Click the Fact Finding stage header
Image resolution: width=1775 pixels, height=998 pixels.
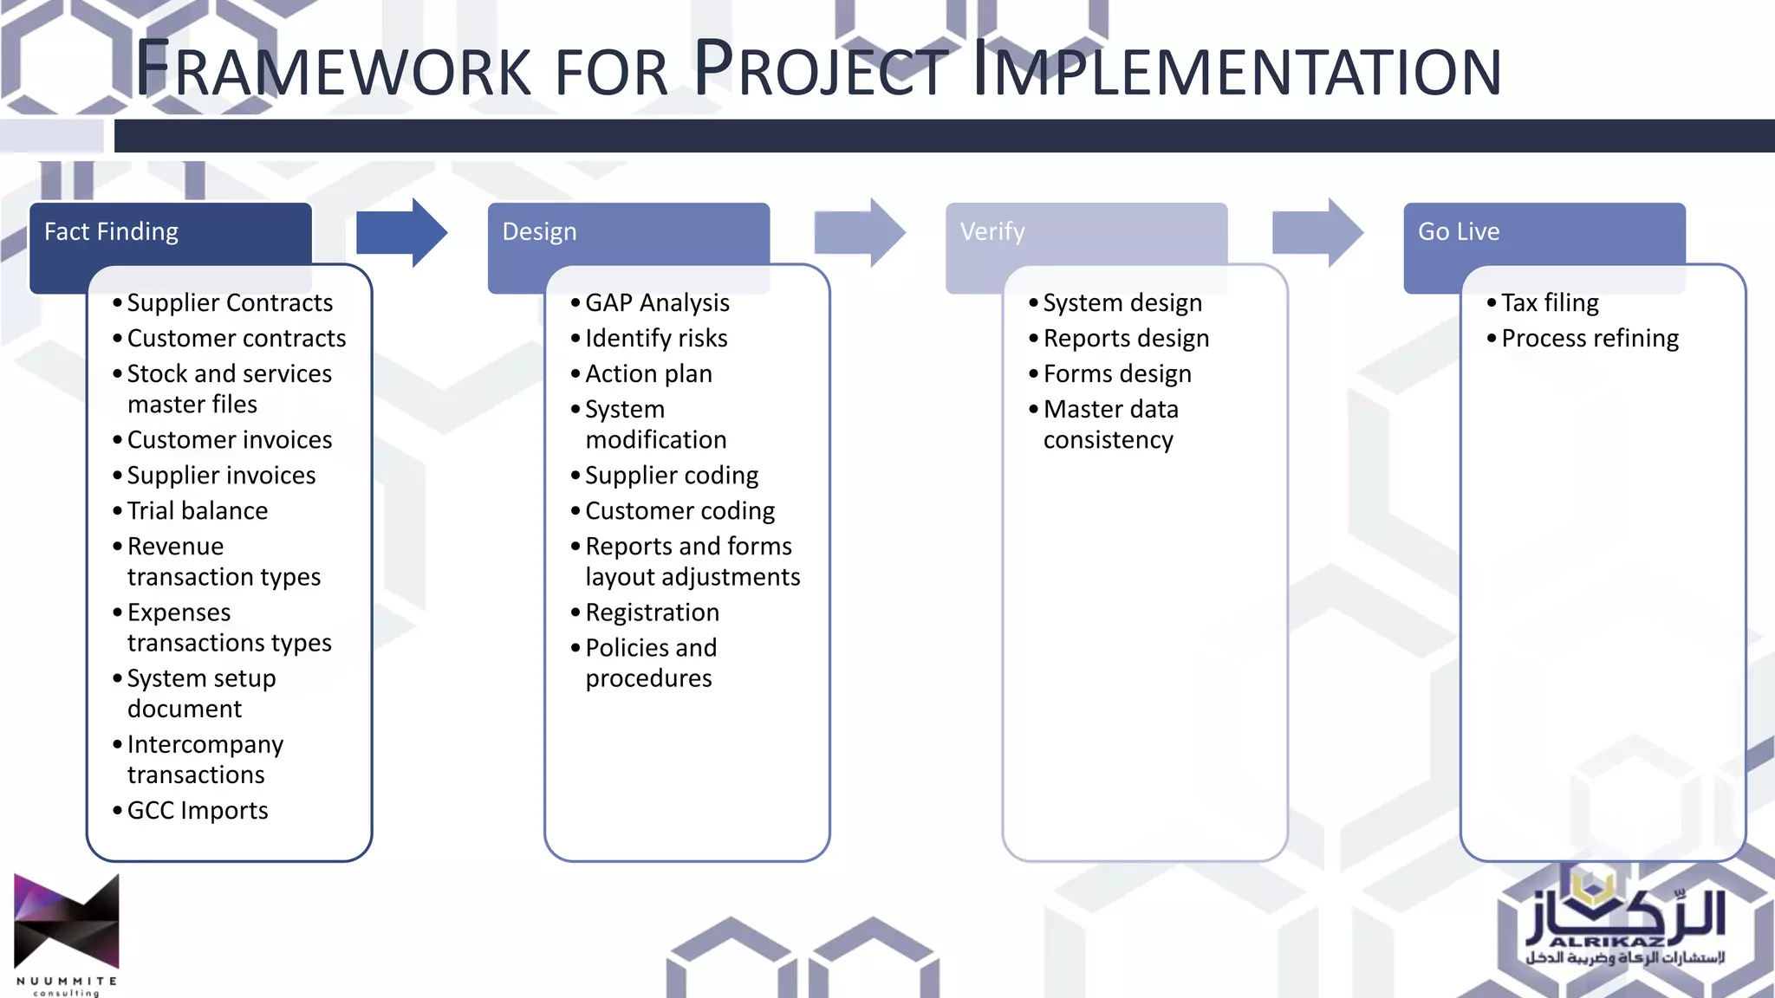(x=111, y=232)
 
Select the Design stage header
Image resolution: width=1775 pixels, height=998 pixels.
(x=539, y=232)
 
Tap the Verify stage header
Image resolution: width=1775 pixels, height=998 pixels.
(x=992, y=232)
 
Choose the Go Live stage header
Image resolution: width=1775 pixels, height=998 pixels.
(x=1459, y=232)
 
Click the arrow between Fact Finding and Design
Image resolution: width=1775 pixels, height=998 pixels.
(x=401, y=232)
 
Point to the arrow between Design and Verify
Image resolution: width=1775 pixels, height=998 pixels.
(x=859, y=232)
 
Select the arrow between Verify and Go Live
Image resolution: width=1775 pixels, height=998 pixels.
(x=1317, y=232)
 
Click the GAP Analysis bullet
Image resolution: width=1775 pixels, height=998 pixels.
(x=657, y=303)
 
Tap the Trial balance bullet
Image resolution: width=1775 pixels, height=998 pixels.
(x=197, y=511)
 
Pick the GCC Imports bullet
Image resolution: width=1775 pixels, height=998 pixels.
(x=197, y=811)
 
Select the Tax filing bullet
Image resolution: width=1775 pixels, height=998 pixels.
(x=1550, y=303)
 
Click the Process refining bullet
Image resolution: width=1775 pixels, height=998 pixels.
(x=1590, y=339)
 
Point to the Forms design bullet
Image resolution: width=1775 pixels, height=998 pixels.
(x=1117, y=374)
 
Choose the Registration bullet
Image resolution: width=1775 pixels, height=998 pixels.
(x=652, y=612)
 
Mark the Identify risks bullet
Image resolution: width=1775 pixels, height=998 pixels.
(x=656, y=339)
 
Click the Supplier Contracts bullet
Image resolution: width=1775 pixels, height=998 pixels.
(x=230, y=303)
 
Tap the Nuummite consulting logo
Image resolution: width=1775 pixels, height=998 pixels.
(x=67, y=934)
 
